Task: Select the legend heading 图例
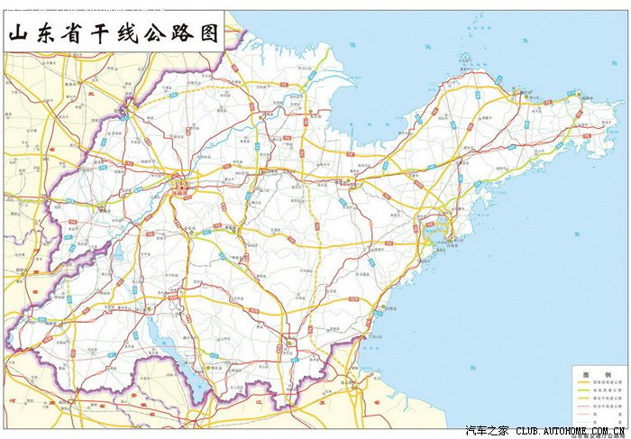pos(596,373)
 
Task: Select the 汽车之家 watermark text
pos(487,431)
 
